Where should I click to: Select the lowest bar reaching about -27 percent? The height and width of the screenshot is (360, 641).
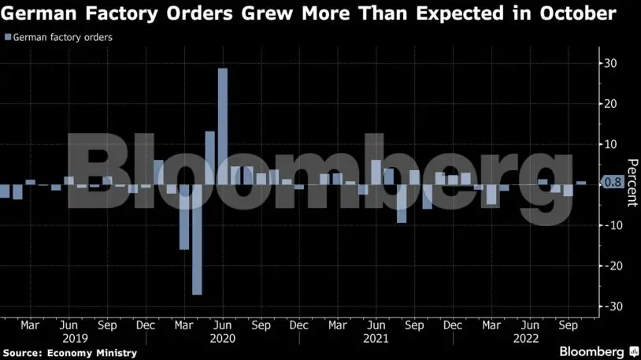197,239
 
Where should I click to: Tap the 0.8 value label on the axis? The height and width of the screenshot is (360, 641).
613,182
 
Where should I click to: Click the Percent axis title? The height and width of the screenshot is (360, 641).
632,182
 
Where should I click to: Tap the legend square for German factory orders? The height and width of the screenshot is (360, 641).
8,37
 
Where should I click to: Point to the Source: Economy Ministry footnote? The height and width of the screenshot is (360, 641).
69,353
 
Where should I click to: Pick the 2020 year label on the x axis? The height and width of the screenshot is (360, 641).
223,337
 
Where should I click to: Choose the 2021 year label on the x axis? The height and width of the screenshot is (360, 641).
376,337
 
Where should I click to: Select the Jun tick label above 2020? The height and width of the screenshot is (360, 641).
223,325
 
